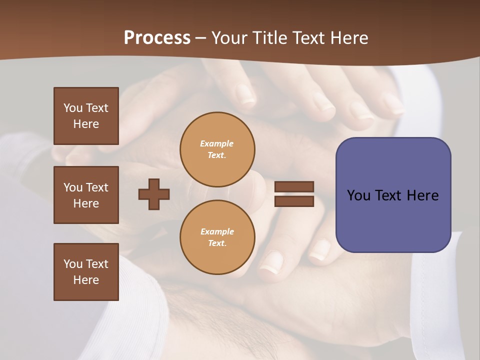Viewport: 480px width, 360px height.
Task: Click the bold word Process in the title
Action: tap(157, 38)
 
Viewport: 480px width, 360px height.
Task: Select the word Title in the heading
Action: tap(271, 38)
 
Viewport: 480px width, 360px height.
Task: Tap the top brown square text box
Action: tap(86, 116)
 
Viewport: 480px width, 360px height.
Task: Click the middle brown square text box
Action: tap(86, 195)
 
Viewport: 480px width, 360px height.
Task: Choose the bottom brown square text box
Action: tap(86, 272)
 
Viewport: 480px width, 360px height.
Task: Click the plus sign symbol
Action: tap(154, 194)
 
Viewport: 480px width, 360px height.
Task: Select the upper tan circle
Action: tap(217, 149)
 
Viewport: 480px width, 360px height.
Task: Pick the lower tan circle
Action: tap(217, 237)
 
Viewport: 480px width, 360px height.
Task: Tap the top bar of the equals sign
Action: tap(294, 187)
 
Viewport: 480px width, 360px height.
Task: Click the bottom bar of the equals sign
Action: tap(294, 201)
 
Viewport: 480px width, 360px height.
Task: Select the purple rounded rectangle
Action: tap(393, 195)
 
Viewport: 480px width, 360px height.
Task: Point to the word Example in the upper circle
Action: tap(217, 143)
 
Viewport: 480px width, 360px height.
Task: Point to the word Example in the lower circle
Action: tap(217, 231)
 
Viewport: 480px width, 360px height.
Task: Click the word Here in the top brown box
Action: tap(86, 124)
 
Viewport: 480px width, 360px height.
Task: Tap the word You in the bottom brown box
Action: tap(73, 264)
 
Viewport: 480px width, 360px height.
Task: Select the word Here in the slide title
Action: tap(348, 38)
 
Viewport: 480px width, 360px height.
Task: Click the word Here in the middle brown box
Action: tap(86, 203)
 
